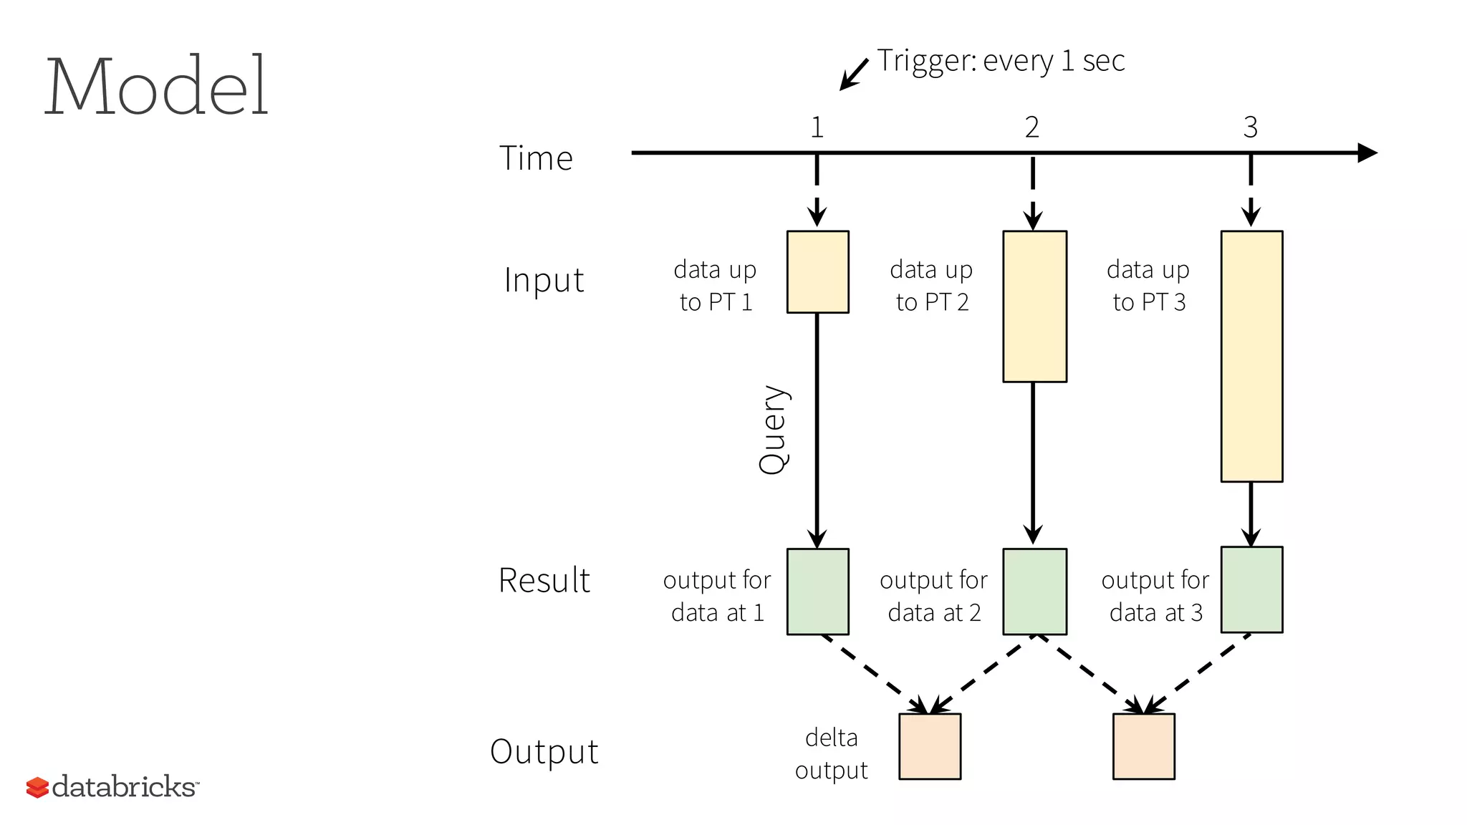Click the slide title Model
156,87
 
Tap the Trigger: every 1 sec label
1001,61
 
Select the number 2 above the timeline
1031,127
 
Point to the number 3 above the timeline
1250,127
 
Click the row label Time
536,158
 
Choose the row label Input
544,280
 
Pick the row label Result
544,580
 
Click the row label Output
544,752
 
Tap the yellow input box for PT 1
817,271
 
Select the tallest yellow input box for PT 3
1251,356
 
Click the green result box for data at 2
1034,592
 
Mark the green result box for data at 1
817,592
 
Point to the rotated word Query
774,430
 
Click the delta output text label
831,753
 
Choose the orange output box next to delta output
930,746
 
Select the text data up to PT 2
931,286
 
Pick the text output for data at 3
1155,596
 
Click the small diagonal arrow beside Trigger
853,74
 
